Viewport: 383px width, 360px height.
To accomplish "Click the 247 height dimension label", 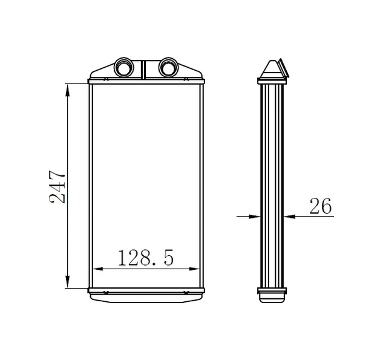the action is pos(57,187).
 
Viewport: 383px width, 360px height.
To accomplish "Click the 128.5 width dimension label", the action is pos(146,258).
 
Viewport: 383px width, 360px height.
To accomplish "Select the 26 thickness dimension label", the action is pos(321,206).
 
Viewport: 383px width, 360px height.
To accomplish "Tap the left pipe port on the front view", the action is pos(124,67).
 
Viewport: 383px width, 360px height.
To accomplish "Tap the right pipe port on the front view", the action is pos(169,67).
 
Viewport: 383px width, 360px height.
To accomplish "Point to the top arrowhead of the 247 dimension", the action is pos(68,91).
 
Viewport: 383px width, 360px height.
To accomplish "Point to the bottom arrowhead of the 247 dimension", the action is pos(68,281).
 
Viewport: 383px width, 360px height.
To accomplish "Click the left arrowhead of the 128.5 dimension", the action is pos(98,269).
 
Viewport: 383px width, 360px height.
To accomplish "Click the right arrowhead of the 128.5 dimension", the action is pos(194,269).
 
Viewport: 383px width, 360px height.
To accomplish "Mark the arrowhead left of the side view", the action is pos(254,217).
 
